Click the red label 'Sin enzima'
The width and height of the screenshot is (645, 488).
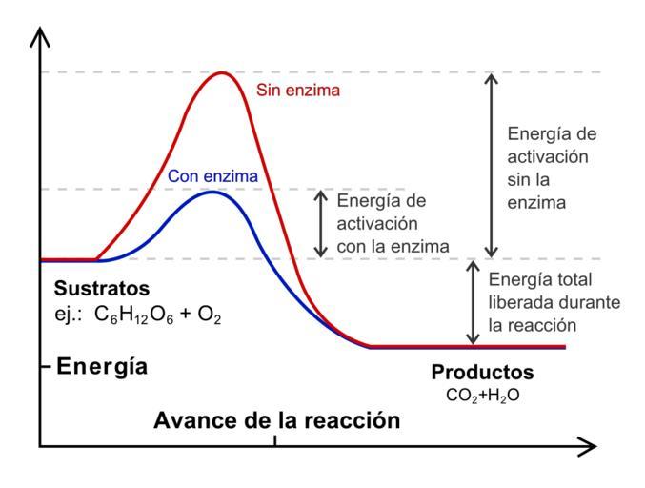[299, 91]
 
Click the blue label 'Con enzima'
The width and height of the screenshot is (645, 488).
[212, 175]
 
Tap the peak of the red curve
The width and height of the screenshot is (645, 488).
[222, 72]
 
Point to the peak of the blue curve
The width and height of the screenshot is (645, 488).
[211, 193]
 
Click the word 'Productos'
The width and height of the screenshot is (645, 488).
[482, 372]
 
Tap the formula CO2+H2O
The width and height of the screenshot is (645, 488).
[482, 393]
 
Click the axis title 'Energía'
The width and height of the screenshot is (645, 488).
[102, 366]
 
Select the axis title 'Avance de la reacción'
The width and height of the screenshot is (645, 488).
[276, 420]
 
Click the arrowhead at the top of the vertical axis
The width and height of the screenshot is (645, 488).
[40, 36]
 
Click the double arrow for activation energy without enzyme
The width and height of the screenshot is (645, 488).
[491, 165]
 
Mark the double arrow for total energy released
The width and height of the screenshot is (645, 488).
[471, 303]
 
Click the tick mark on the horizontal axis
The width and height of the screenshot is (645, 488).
[275, 439]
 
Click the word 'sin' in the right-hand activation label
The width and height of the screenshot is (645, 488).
[520, 178]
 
